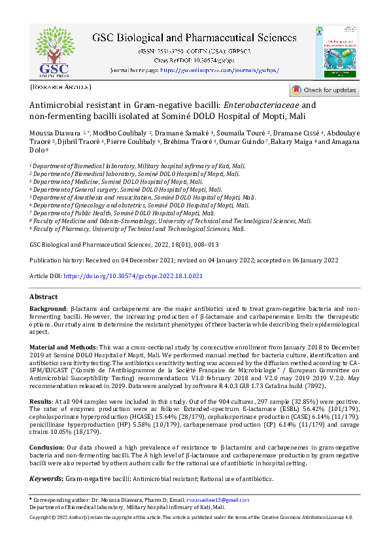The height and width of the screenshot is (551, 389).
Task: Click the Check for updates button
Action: [x=324, y=90]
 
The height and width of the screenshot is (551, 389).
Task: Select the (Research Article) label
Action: [x=61, y=86]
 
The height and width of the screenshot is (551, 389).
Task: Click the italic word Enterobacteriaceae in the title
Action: [x=261, y=105]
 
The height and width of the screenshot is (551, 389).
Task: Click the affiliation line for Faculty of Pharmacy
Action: [x=139, y=229]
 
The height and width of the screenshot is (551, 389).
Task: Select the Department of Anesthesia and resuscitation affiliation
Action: [x=144, y=197]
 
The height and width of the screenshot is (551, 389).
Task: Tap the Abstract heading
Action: [x=44, y=296]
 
